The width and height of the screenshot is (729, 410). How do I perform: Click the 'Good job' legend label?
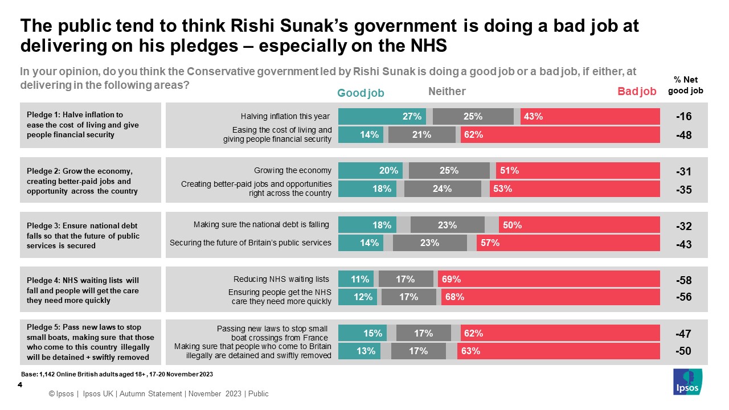pyautogui.click(x=361, y=93)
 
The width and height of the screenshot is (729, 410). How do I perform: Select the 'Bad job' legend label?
pyautogui.click(x=637, y=92)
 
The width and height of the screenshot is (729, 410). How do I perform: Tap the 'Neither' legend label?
pyautogui.click(x=447, y=91)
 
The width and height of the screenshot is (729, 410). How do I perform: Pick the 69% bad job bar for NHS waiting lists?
pyautogui.click(x=548, y=279)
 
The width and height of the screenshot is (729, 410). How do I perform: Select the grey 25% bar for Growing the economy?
pyautogui.click(x=449, y=170)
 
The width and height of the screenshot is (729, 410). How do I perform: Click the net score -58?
pyautogui.click(x=683, y=280)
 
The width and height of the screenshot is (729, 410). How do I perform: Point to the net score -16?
pyautogui.click(x=683, y=117)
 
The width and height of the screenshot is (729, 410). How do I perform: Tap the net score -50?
pyautogui.click(x=683, y=351)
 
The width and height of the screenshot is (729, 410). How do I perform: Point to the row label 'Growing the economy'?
pyautogui.click(x=292, y=170)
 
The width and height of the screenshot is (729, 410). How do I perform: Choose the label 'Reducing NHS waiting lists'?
pyautogui.click(x=281, y=279)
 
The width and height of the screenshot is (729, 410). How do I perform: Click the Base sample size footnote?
pyautogui.click(x=117, y=374)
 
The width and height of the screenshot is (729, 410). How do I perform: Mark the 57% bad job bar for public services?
pyautogui.click(x=568, y=243)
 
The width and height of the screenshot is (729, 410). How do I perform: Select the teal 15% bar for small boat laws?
pyautogui.click(x=362, y=333)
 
